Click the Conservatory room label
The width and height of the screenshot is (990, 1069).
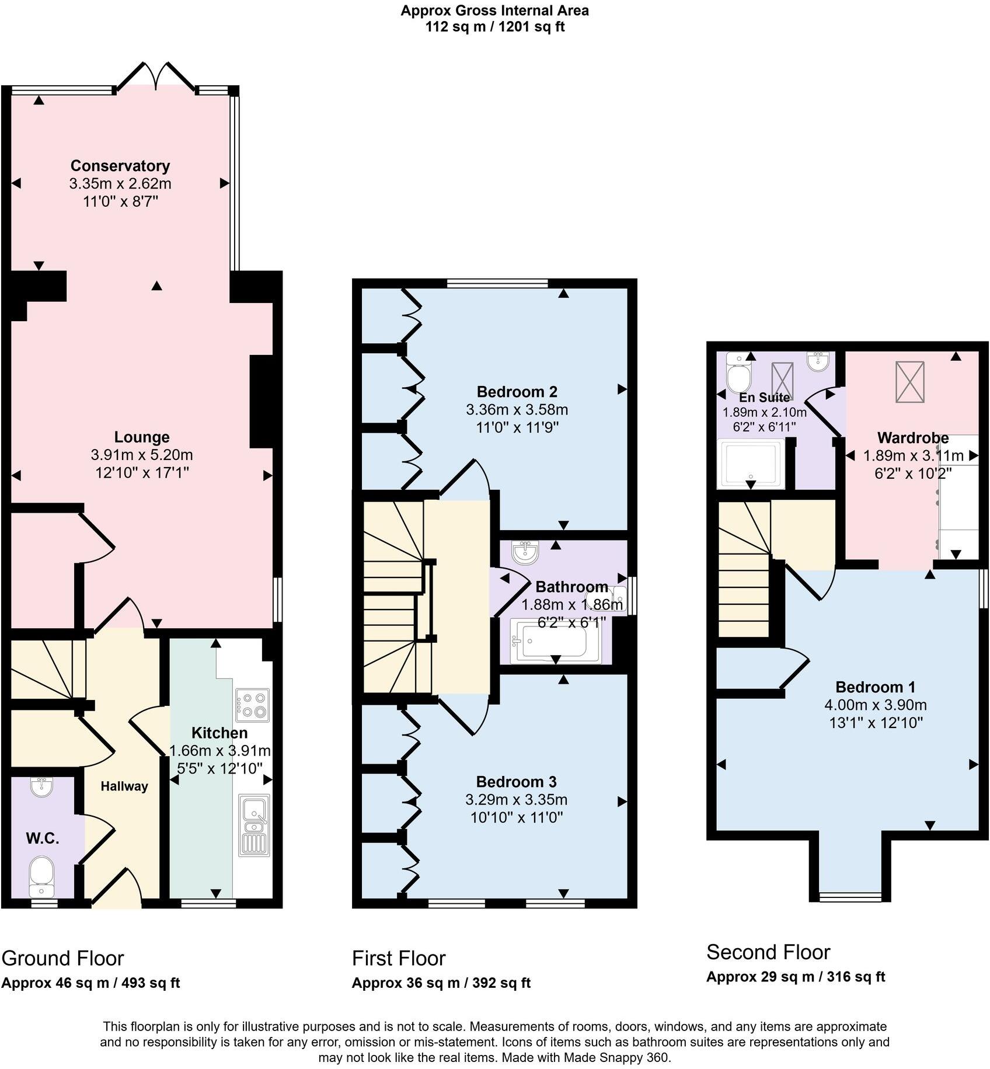(x=120, y=166)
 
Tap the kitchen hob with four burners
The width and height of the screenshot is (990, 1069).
(x=252, y=705)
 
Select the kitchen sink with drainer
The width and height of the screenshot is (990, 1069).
(x=254, y=825)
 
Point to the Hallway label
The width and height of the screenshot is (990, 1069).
(x=124, y=786)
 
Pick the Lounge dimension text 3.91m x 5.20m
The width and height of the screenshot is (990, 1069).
(x=141, y=455)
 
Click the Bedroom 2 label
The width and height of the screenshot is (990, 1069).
(x=517, y=392)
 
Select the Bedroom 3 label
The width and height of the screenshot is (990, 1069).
(x=516, y=782)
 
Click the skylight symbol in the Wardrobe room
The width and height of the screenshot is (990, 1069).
(x=910, y=382)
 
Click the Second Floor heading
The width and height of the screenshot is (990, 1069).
(x=768, y=952)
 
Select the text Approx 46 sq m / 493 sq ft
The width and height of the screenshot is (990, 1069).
(x=90, y=983)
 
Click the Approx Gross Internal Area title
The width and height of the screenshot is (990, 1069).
(x=494, y=11)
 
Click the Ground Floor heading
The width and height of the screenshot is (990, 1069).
(x=62, y=958)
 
